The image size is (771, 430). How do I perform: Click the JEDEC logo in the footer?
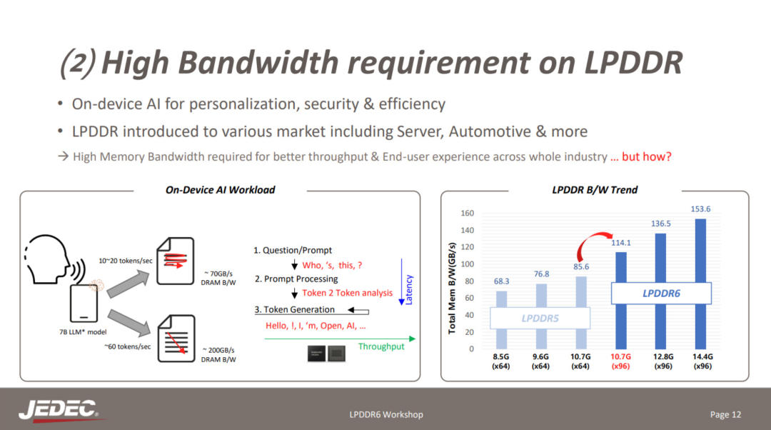click(59, 410)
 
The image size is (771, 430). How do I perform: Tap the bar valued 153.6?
click(701, 284)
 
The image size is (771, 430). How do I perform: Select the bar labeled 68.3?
click(502, 320)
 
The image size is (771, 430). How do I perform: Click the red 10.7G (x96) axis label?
click(620, 361)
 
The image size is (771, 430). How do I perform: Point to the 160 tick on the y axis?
click(467, 213)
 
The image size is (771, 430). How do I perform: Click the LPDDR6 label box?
click(661, 294)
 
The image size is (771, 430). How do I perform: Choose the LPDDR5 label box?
click(540, 319)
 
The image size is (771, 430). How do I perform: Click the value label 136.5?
click(661, 224)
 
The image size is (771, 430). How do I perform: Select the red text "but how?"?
click(647, 156)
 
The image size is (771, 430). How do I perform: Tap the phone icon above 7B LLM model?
click(84, 304)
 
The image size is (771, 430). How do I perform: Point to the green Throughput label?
click(381, 346)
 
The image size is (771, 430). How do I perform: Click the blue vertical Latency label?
click(408, 290)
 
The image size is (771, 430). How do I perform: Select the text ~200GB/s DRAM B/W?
click(218, 355)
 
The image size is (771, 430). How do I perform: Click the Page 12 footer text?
click(725, 414)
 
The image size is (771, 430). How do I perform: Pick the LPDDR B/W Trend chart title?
click(595, 190)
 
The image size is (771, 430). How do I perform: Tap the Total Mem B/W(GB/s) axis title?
click(452, 289)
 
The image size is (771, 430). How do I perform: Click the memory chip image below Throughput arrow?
click(326, 354)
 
